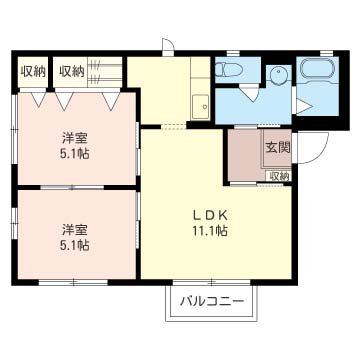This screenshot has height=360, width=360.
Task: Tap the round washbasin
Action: [277, 75]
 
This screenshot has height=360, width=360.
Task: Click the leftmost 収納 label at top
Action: [32, 71]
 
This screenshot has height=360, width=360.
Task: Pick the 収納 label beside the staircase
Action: [71, 71]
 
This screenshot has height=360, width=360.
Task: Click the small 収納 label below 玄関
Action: [278, 176]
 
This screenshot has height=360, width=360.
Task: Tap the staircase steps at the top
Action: [107, 71]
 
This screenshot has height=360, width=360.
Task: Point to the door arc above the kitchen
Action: [167, 46]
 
